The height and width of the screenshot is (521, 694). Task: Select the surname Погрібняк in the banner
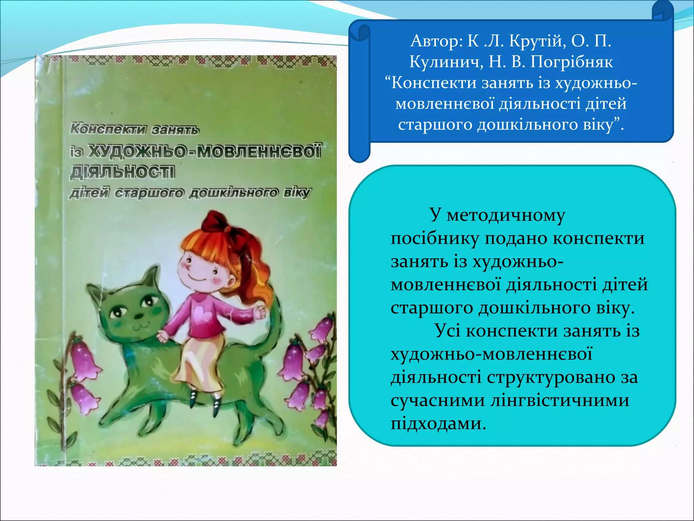[572, 62]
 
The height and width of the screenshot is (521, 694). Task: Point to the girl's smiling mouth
[197, 278]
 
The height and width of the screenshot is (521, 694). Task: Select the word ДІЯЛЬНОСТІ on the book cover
[123, 173]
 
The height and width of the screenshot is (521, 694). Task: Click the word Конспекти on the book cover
[108, 129]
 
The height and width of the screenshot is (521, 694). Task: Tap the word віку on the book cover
[297, 193]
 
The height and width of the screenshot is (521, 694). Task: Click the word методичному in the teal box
[506, 215]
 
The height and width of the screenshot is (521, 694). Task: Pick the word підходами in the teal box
[438, 423]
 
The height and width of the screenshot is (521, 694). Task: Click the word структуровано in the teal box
[551, 377]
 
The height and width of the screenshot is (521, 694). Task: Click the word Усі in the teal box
[447, 331]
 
